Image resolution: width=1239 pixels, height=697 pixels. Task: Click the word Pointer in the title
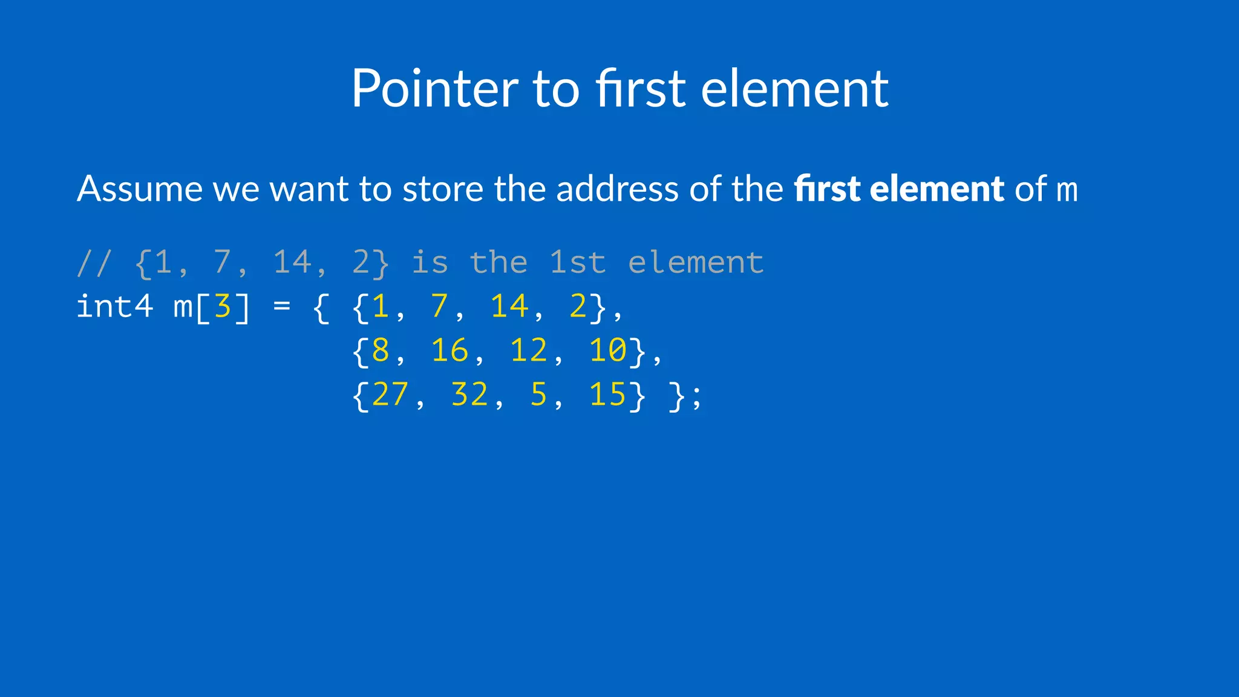click(x=434, y=88)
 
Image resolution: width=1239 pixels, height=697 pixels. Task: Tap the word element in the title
click(x=794, y=88)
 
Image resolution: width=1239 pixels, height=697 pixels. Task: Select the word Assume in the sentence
click(x=140, y=189)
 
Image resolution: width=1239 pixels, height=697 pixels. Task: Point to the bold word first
click(x=827, y=189)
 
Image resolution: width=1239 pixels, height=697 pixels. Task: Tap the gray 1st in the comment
click(x=578, y=263)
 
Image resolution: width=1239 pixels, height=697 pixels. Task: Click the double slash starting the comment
click(x=94, y=263)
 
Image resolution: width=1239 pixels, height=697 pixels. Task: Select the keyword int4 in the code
click(x=114, y=306)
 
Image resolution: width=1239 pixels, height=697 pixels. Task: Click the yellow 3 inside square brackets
click(x=223, y=306)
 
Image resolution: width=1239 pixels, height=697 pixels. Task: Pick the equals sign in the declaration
click(x=282, y=306)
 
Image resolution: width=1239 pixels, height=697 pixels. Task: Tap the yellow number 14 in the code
click(x=509, y=306)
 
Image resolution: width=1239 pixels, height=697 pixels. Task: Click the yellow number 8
click(x=381, y=350)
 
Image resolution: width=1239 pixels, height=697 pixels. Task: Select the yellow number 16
click(x=450, y=350)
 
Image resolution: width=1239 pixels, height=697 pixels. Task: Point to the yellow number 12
click(x=529, y=350)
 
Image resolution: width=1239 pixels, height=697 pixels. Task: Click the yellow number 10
click(x=608, y=350)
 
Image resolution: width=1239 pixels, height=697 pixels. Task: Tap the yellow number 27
click(x=390, y=394)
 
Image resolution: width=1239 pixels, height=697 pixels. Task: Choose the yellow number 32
click(x=469, y=394)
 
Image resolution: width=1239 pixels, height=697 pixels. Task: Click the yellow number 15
click(x=608, y=394)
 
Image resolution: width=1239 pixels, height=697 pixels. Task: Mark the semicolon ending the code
click(x=697, y=398)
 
